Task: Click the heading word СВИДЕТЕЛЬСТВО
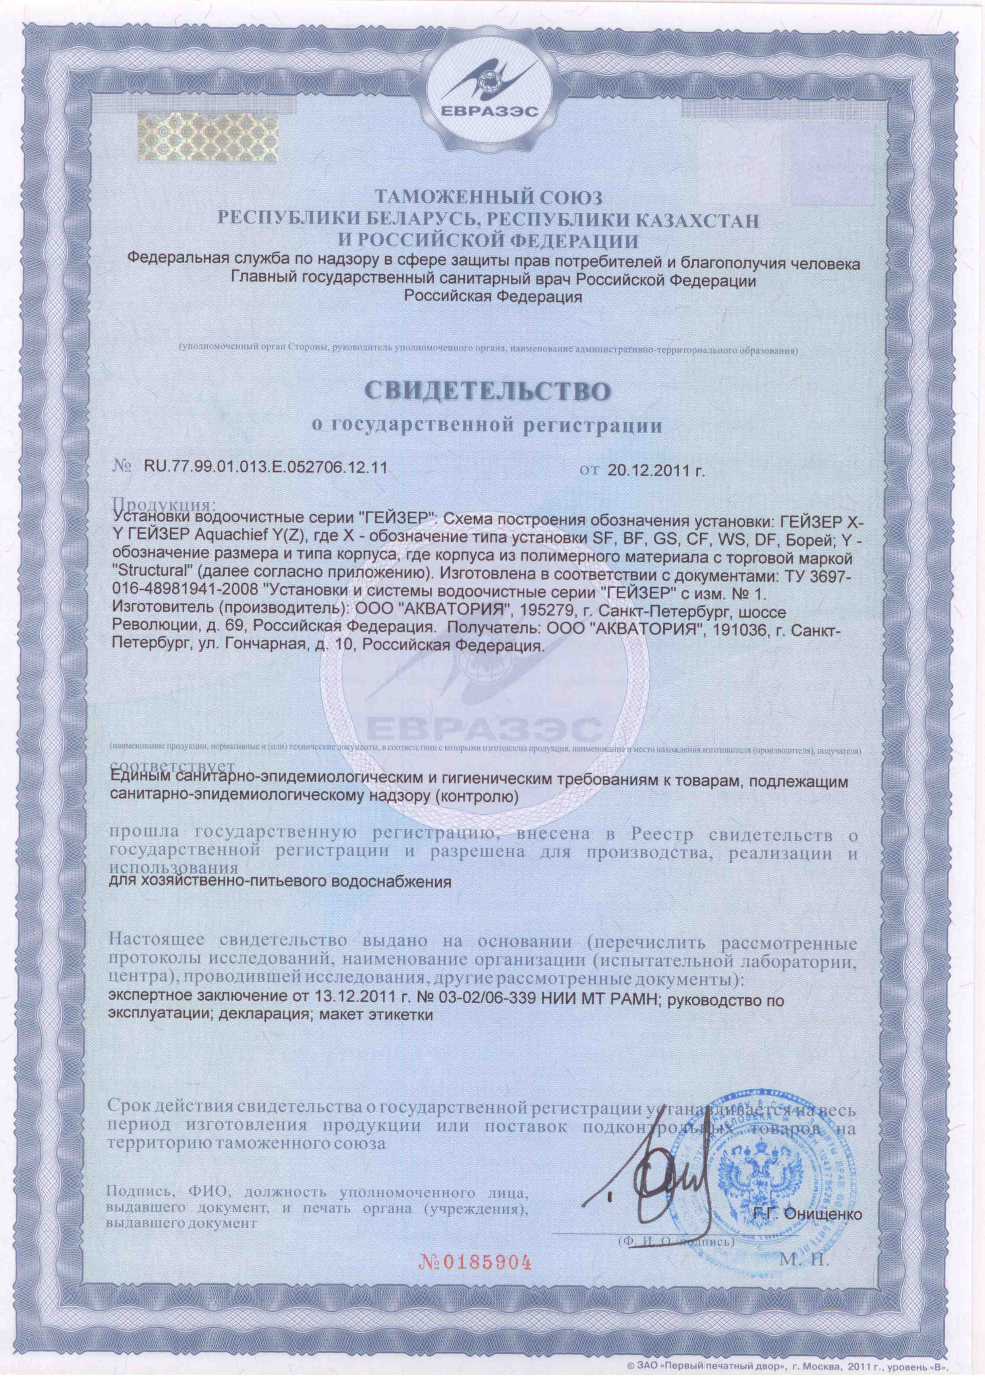click(492, 391)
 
